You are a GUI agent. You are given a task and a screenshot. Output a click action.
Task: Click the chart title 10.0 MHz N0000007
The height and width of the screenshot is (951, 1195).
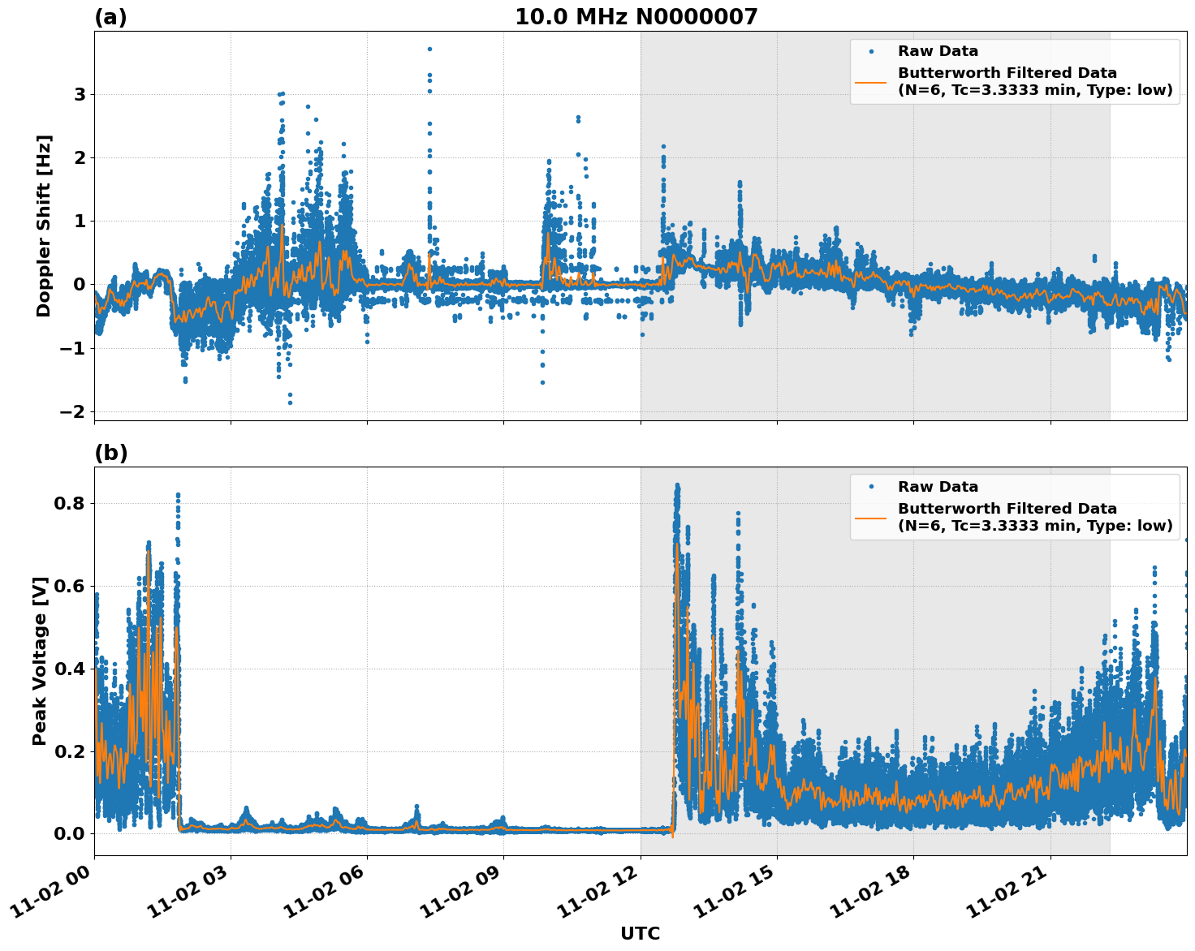coord(636,17)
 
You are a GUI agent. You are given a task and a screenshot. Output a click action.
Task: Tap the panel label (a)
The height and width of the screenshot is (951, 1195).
coord(110,17)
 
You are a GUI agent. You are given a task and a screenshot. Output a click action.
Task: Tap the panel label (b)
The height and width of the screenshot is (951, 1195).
coord(110,453)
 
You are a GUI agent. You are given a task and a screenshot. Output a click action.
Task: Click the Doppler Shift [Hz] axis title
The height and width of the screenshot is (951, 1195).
coord(44,226)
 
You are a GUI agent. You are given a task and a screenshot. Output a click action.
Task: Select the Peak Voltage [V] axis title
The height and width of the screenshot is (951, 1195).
coord(40,661)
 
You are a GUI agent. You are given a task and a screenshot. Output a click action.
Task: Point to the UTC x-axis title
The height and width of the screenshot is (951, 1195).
coord(640,933)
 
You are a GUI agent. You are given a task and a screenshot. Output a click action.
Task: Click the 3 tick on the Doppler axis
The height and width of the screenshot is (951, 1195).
coord(80,94)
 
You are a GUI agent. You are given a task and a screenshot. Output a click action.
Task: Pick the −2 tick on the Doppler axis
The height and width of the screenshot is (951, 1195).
coord(73,411)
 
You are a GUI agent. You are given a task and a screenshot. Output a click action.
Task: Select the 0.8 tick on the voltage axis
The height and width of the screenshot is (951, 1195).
coord(71,503)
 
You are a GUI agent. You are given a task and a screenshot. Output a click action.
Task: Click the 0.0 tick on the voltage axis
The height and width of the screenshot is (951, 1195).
coord(71,833)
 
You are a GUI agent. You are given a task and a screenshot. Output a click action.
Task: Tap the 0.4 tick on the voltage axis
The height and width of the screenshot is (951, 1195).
coord(71,669)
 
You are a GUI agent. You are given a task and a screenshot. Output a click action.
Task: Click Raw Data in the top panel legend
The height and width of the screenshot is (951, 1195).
coord(938,51)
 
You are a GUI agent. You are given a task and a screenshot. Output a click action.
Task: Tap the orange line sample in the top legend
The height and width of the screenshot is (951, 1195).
coord(870,81)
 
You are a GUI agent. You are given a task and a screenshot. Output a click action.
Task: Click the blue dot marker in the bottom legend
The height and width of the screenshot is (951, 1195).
coord(870,487)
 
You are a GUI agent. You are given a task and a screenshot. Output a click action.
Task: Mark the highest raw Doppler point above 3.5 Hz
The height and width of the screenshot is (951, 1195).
coord(429,49)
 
